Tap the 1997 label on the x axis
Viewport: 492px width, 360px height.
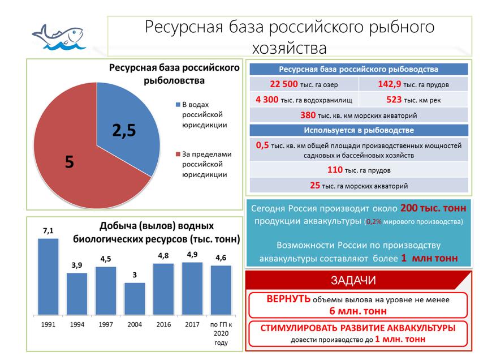pos(106,325)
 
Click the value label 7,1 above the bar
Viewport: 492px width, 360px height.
pos(48,230)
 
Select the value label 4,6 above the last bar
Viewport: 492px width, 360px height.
pos(221,258)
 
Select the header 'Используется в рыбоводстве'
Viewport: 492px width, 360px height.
pos(359,130)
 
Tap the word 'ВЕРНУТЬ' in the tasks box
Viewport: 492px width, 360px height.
pos(288,299)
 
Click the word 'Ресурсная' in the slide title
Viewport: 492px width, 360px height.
pos(179,27)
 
